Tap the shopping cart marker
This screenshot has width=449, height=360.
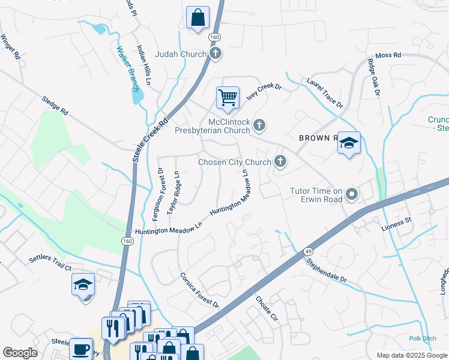click(x=228, y=97)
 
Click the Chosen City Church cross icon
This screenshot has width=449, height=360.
click(x=280, y=161)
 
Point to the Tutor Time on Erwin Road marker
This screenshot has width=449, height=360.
click(x=352, y=195)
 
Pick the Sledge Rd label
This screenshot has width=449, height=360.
click(x=55, y=107)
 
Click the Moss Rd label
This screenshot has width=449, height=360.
click(x=388, y=55)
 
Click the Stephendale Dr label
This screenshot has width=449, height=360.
click(x=327, y=271)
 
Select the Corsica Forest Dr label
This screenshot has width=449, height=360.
click(x=200, y=291)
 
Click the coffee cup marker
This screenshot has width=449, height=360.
click(x=80, y=349)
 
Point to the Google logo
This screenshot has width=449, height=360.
click(x=20, y=353)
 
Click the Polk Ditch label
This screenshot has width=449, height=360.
click(x=423, y=338)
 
